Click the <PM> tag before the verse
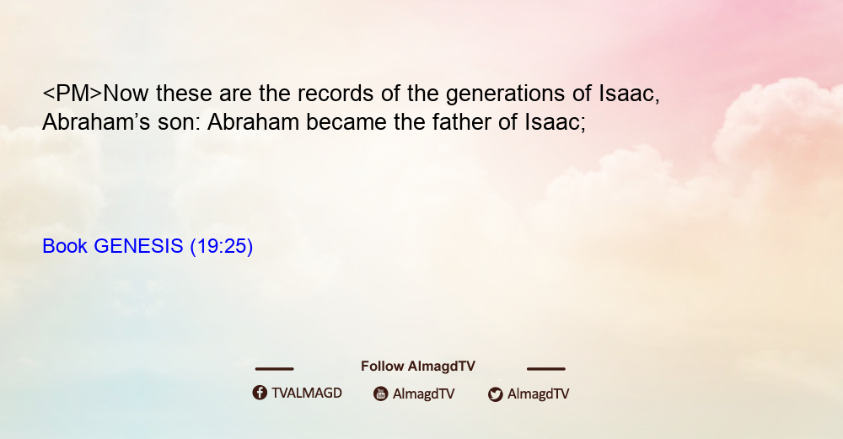click(72, 94)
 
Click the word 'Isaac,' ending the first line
click(629, 94)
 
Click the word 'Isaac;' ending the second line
click(555, 122)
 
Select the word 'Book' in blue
click(65, 246)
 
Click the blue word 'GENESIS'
click(139, 246)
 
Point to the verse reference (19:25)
click(222, 247)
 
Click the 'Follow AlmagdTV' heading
click(418, 367)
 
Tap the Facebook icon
click(260, 393)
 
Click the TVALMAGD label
click(307, 393)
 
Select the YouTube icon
click(381, 393)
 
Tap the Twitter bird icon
click(495, 394)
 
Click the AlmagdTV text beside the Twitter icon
click(538, 393)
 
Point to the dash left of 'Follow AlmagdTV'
click(274, 369)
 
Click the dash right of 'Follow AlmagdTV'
click(546, 369)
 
